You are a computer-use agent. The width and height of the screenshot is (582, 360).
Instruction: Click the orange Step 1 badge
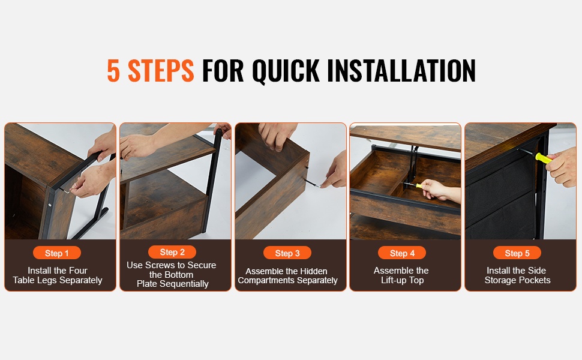(x=57, y=253)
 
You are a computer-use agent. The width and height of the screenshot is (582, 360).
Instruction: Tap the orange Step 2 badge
(x=172, y=252)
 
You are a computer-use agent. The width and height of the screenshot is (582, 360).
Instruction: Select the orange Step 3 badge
(x=287, y=253)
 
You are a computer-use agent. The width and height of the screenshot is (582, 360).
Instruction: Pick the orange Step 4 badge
(x=402, y=253)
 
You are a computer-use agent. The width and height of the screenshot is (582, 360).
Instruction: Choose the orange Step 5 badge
(x=517, y=253)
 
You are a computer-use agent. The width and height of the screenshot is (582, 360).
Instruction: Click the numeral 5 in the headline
(x=113, y=70)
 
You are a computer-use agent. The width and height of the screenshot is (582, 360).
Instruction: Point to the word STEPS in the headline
(x=161, y=70)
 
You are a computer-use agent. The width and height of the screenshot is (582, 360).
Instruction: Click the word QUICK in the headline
(x=286, y=71)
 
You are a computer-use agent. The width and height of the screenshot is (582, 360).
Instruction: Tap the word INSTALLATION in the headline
(x=401, y=70)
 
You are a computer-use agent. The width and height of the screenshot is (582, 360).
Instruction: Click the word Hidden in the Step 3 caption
(x=313, y=271)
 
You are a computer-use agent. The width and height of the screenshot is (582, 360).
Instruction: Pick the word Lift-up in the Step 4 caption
(x=394, y=281)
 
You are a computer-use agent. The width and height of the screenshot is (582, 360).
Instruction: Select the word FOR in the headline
(x=223, y=70)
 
